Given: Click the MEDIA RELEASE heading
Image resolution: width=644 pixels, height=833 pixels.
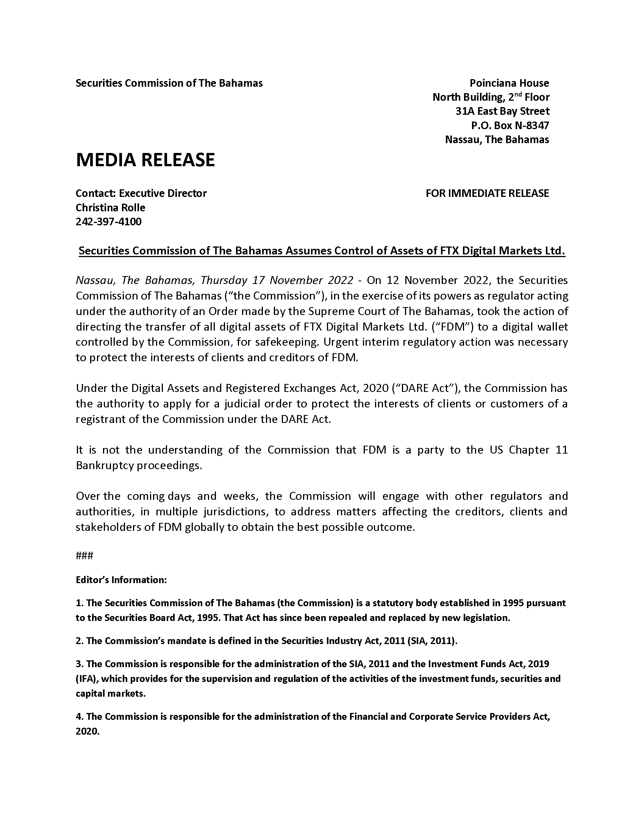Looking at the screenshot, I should (145, 160).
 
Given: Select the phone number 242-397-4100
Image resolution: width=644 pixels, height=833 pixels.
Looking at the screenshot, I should (109, 222).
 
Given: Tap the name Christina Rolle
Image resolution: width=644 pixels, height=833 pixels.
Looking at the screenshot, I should (111, 207).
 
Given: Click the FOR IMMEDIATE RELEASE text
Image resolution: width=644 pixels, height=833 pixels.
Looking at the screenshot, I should (487, 193).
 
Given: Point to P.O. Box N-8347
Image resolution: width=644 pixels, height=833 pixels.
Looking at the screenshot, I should (510, 125).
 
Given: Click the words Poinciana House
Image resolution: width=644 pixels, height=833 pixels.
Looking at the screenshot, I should (509, 83).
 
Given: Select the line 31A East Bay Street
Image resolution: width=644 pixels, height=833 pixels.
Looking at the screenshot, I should (502, 111).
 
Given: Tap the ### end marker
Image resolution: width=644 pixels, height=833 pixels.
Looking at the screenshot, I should (84, 555).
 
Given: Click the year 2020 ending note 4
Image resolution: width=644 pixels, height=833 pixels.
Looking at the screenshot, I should (88, 732).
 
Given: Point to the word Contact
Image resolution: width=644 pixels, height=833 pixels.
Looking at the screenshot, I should (95, 193).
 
